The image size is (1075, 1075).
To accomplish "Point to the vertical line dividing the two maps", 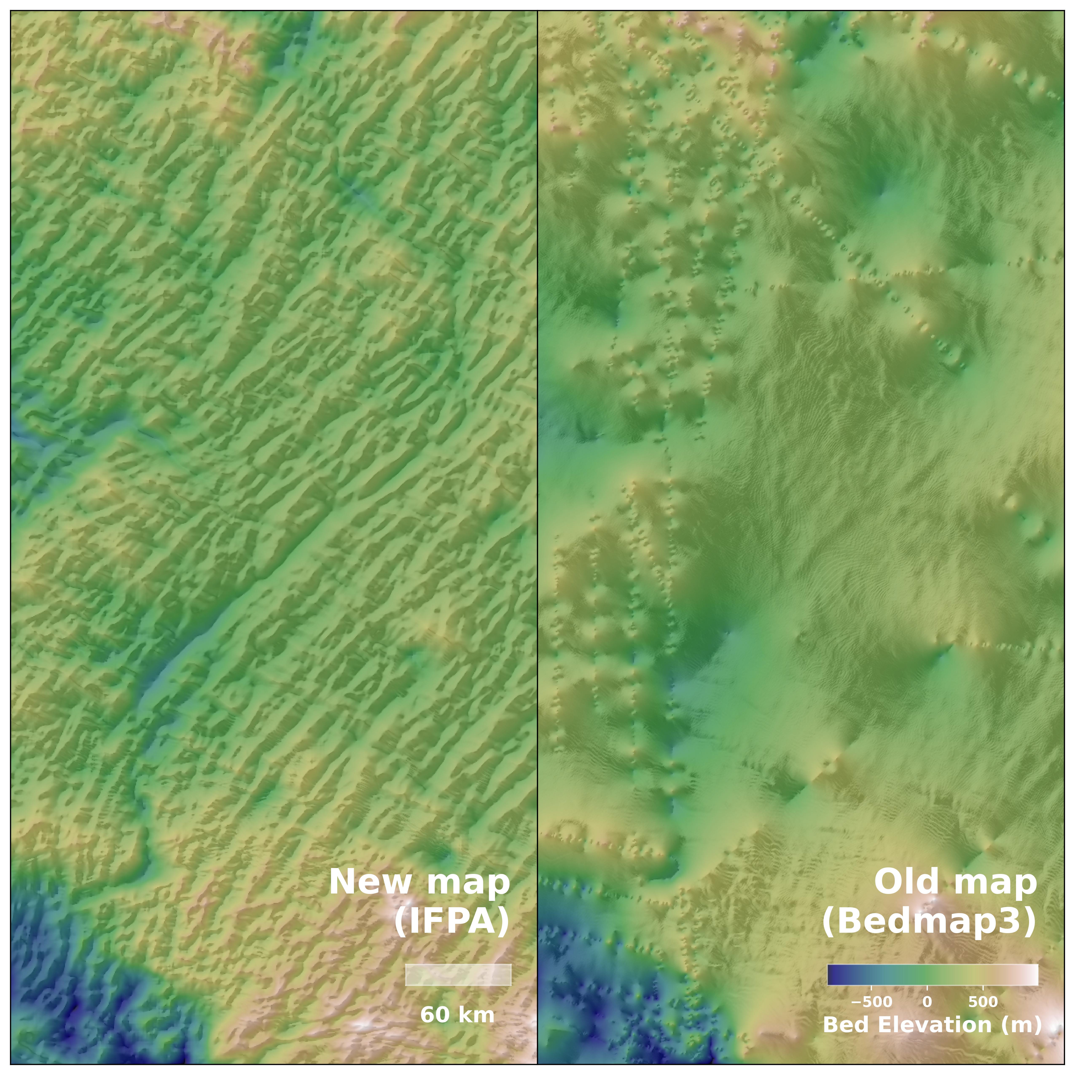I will pos(537,501).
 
